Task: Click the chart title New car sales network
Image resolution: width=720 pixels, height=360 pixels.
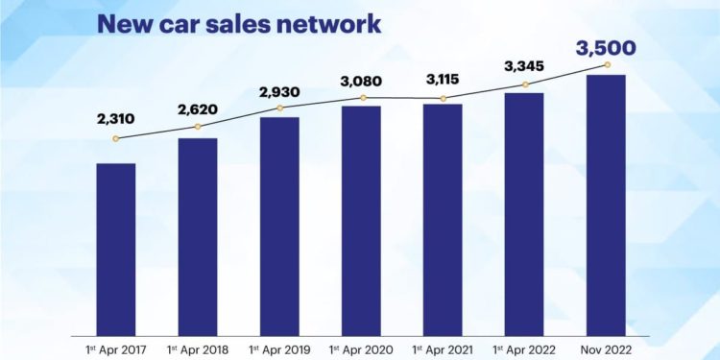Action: point(239,24)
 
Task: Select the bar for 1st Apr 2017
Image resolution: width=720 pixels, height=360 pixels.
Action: point(116,250)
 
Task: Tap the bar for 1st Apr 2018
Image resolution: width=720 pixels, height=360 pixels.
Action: point(198,237)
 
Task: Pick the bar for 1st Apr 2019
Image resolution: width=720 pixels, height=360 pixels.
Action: point(279,227)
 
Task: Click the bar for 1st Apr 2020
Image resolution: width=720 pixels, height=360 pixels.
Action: point(361,221)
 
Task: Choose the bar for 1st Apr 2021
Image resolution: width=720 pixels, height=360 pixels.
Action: point(444,220)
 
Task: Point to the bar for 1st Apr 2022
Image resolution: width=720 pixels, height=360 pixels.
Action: point(524,214)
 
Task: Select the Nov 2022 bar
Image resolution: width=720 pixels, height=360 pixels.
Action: point(606,205)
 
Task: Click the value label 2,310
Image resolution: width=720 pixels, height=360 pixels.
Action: point(116,119)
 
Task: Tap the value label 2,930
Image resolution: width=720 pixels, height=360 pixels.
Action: point(279,92)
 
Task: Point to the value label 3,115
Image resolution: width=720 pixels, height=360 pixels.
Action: point(443,80)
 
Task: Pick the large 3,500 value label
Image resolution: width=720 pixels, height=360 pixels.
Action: point(606,48)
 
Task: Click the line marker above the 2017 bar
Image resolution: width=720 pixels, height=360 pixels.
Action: point(116,138)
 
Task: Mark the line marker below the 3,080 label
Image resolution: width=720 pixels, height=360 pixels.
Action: point(363,98)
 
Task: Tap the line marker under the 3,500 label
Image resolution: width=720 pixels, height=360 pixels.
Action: point(608,64)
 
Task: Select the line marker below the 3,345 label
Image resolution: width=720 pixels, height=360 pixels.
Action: point(526,84)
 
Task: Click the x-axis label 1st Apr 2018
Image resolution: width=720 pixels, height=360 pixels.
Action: point(198,349)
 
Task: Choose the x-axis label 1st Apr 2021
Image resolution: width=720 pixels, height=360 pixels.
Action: point(443,349)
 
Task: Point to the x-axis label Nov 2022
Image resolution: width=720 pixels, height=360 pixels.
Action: point(606,349)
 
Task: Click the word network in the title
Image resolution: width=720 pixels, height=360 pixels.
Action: point(328,24)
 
